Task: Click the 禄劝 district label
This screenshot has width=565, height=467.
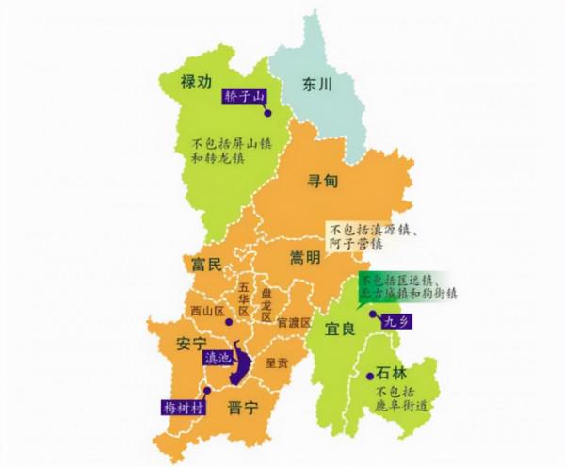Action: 201,83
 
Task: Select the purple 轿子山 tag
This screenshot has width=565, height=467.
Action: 245,96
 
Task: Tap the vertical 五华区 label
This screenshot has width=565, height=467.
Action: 243,298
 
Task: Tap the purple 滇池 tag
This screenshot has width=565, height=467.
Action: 217,358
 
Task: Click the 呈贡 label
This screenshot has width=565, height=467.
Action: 277,362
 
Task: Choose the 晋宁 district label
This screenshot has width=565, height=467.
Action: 244,408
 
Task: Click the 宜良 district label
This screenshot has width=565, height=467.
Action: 339,330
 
